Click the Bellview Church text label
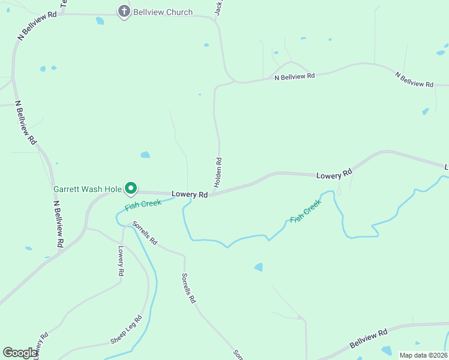click(x=163, y=12)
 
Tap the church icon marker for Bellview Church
click(x=124, y=11)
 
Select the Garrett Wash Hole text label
click(x=88, y=189)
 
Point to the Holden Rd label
click(x=218, y=171)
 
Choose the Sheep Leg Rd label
click(x=125, y=330)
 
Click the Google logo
click(x=20, y=353)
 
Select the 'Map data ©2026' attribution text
click(x=423, y=355)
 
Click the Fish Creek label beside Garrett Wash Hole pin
click(x=143, y=205)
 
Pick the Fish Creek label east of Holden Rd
click(x=306, y=212)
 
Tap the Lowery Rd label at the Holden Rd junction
click(x=189, y=194)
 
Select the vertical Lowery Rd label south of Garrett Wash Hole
click(x=121, y=261)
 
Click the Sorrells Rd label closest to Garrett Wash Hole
click(x=145, y=234)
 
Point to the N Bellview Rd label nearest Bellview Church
click(x=37, y=25)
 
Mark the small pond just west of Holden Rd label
click(x=145, y=155)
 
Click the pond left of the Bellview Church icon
click(x=100, y=20)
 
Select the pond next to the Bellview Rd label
click(x=387, y=350)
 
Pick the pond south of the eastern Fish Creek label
click(x=259, y=267)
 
